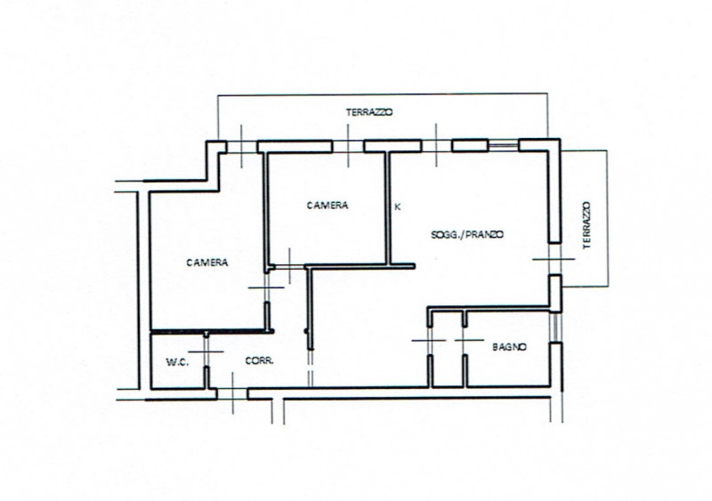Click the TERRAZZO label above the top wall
click(x=369, y=112)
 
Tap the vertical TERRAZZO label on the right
click(x=587, y=225)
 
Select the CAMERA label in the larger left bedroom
click(x=207, y=263)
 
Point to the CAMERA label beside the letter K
click(x=328, y=206)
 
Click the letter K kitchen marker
click(x=398, y=206)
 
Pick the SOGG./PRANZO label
click(x=467, y=235)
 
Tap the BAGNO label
click(x=509, y=347)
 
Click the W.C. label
click(x=177, y=362)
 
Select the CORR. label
click(x=259, y=361)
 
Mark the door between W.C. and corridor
click(x=206, y=352)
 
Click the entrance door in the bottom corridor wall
click(x=232, y=393)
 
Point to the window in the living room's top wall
click(x=503, y=145)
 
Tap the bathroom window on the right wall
click(x=554, y=327)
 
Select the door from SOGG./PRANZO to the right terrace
click(x=554, y=259)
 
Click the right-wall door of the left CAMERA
click(x=267, y=287)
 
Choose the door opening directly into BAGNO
click(x=465, y=340)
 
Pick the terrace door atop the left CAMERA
click(x=241, y=146)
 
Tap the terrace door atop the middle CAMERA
click(x=348, y=146)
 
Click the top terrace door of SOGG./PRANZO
click(x=436, y=145)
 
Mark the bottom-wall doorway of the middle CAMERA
click(x=290, y=267)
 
